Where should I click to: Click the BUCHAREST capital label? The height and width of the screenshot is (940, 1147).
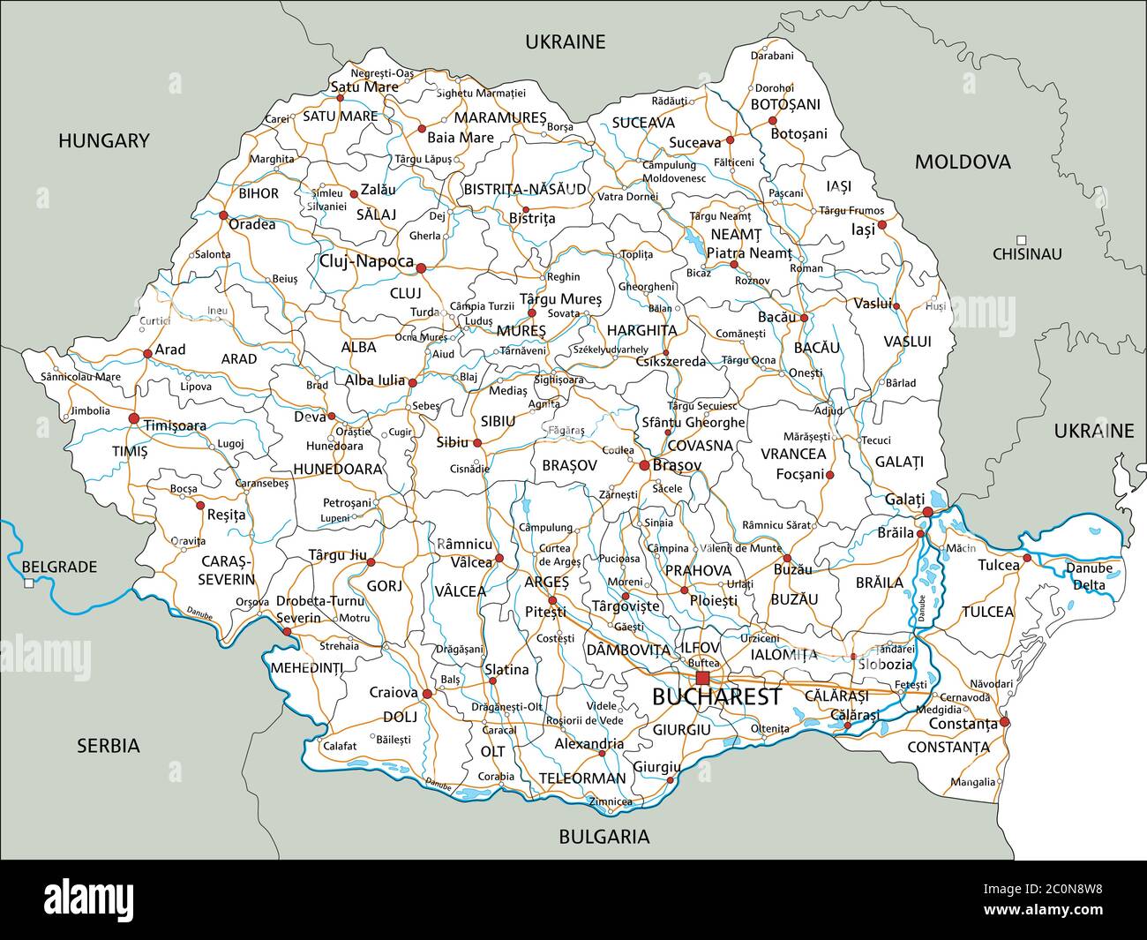click(716, 696)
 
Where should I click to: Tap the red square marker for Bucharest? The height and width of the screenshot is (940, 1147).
click(702, 678)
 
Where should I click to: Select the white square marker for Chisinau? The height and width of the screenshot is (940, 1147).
click(1021, 240)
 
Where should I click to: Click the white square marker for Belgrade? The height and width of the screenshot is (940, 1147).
click(28, 583)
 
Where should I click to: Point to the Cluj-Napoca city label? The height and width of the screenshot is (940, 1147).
click(366, 261)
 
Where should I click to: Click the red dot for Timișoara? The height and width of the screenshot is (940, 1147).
click(134, 418)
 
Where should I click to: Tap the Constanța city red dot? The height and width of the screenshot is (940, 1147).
click(1004, 722)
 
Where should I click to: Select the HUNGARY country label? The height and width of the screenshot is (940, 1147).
click(104, 140)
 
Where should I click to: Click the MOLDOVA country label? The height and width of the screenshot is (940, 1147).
click(963, 162)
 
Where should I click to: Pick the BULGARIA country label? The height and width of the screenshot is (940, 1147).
click(604, 837)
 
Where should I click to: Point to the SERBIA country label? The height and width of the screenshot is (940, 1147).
click(108, 746)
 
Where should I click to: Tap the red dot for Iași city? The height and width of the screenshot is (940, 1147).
click(881, 224)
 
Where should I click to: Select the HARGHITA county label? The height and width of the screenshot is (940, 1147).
click(641, 330)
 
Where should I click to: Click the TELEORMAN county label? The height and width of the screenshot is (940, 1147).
click(582, 778)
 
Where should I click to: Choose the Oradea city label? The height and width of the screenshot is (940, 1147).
click(252, 224)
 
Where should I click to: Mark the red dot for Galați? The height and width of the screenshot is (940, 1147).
click(927, 512)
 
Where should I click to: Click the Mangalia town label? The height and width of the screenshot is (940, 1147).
click(973, 782)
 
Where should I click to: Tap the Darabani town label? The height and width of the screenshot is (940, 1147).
click(772, 56)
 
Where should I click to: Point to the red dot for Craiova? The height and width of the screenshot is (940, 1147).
click(428, 694)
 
